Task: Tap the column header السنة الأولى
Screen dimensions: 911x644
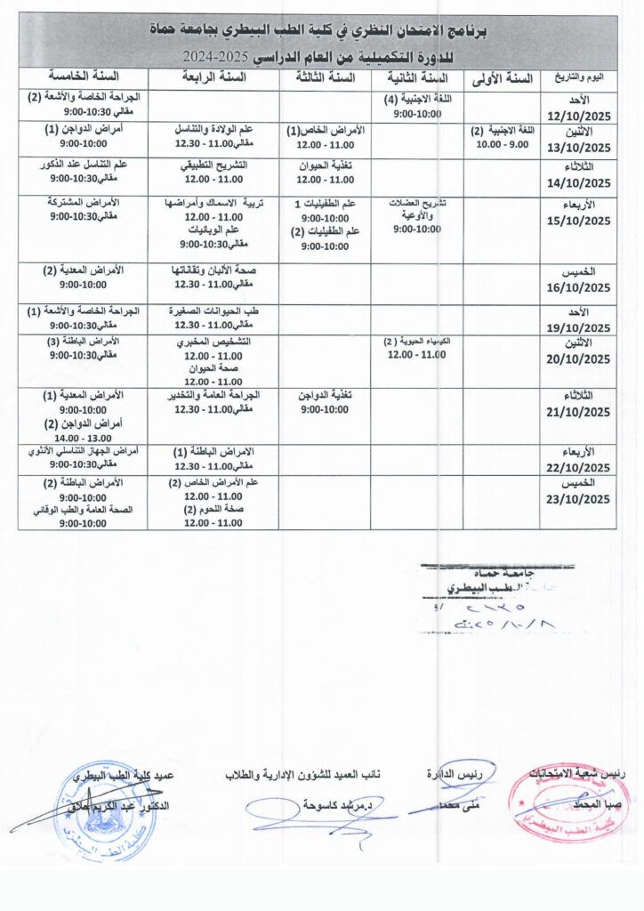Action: point(499,78)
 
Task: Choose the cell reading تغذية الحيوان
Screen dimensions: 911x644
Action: point(326,165)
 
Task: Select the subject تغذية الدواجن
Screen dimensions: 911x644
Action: point(326,395)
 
